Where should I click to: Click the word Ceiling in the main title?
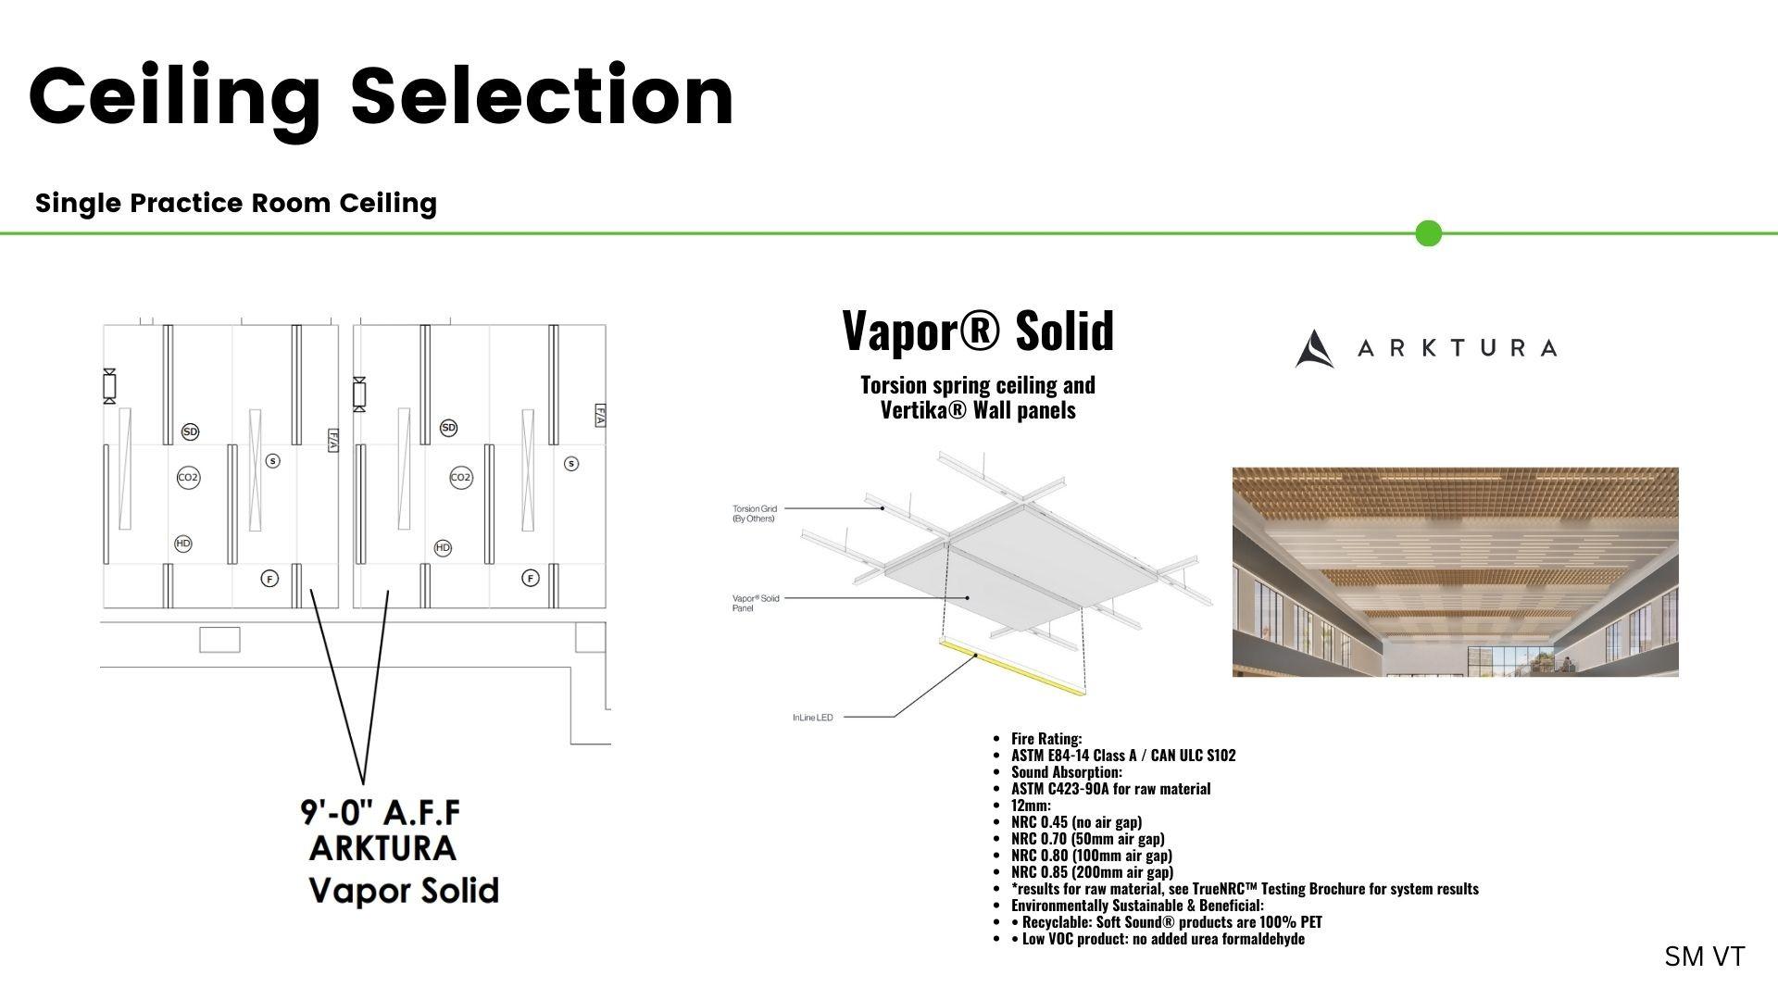(x=176, y=97)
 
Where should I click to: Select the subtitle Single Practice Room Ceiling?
(x=236, y=203)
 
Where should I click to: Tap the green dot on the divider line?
(x=1429, y=233)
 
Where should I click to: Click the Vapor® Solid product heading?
(x=978, y=331)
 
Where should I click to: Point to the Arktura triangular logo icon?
(x=1314, y=349)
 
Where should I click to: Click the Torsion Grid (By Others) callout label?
(x=755, y=513)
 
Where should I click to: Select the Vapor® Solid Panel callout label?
(x=756, y=603)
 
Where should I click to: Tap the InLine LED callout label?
(x=813, y=718)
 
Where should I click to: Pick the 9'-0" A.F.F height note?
(x=381, y=812)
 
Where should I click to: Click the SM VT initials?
(x=1704, y=956)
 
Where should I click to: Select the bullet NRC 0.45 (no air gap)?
(x=1076, y=822)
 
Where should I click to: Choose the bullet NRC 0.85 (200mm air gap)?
(x=1092, y=872)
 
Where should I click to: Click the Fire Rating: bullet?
(x=1046, y=739)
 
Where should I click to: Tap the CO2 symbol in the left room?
(x=188, y=478)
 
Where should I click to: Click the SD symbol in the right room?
(x=448, y=428)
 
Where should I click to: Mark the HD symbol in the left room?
(x=183, y=544)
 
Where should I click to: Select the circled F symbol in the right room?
(x=531, y=578)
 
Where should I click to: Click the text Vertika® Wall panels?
(x=978, y=409)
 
